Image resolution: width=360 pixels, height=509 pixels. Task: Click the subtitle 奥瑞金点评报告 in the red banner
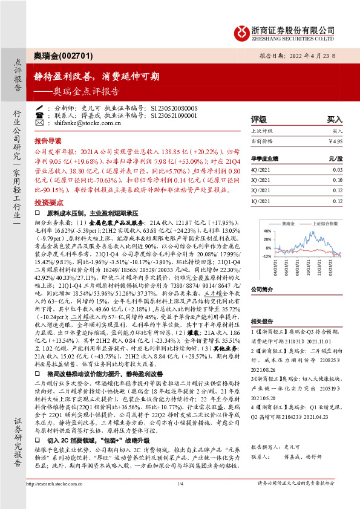(91, 92)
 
